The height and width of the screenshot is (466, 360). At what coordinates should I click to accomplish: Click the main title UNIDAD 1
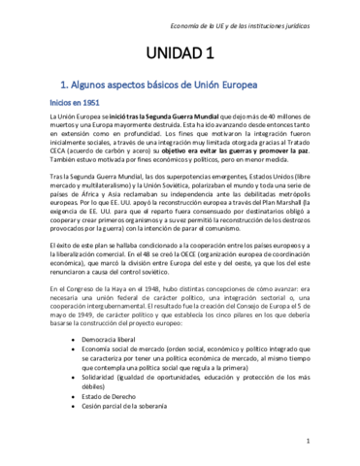pyautogui.click(x=180, y=52)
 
